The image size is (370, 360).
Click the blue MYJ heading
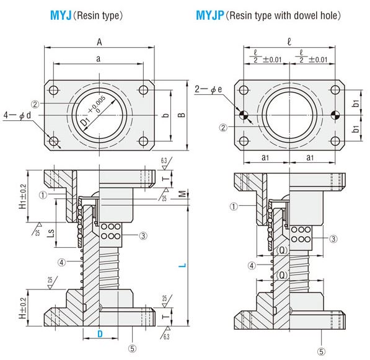(61, 15)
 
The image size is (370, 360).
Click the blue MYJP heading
(209, 15)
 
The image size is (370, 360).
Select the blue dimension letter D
(100, 334)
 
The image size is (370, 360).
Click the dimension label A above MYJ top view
(99, 42)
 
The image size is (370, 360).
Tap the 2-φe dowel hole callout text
(209, 89)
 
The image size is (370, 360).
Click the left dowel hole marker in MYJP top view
(244, 115)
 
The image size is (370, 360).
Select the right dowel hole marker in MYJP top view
(335, 115)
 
